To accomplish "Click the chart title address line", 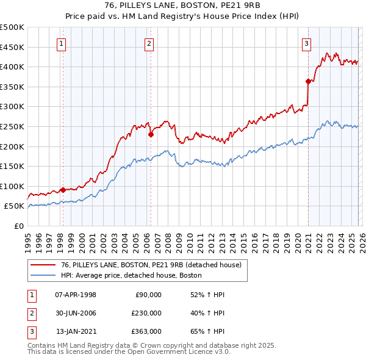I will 183,5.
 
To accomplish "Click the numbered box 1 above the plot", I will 62,43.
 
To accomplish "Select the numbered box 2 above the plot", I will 149,43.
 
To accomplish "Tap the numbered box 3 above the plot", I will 306,43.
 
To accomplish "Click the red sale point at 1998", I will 63,190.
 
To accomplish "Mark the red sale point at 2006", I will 151,134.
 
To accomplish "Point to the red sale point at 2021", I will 308,81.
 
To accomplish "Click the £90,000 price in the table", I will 148,295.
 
